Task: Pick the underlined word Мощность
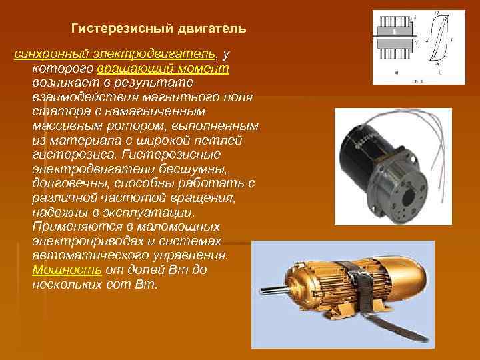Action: (67, 270)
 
